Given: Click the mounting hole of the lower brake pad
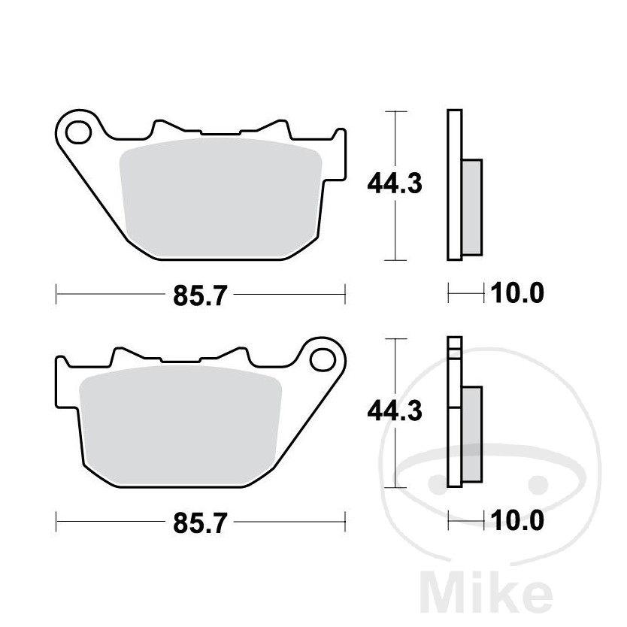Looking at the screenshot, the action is tap(323, 359).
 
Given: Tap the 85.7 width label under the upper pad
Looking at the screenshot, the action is tap(200, 295).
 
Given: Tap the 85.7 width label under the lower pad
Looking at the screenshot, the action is tap(200, 522).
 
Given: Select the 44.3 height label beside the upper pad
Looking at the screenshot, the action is tap(395, 183).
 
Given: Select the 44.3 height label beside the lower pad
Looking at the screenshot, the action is tap(395, 410).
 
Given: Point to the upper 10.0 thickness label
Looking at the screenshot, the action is tap(517, 292).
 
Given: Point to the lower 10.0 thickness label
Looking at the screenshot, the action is tap(517, 520).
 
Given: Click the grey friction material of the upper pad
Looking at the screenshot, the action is tap(221, 198).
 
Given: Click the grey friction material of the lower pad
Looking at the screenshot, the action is tap(180, 425).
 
